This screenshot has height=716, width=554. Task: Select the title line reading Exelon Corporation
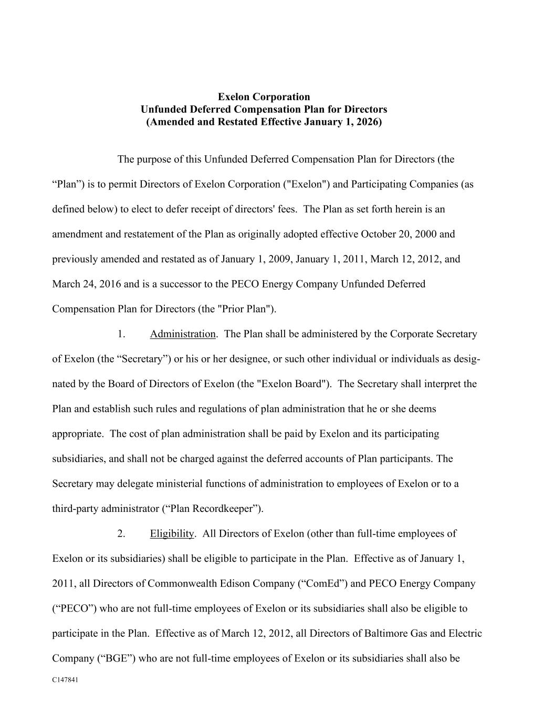point(264,97)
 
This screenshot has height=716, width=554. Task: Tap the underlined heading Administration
point(182,334)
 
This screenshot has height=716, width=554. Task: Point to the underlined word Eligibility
point(172,534)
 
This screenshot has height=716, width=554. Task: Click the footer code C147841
point(65,680)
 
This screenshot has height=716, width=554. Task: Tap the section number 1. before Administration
point(121,334)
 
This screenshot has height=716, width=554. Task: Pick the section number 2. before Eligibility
point(121,534)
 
